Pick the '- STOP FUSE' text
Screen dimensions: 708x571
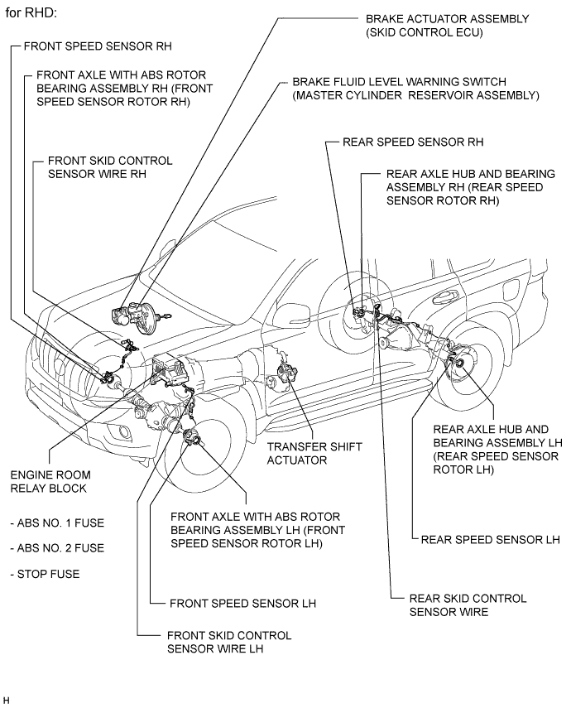45,574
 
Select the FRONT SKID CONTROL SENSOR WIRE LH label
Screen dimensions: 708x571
229,642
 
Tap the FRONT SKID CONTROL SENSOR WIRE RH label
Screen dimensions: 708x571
110,167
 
